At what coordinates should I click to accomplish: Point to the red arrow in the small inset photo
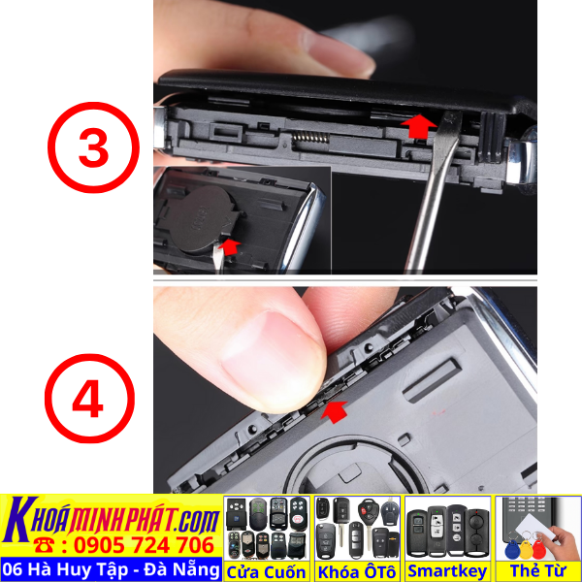click(x=229, y=247)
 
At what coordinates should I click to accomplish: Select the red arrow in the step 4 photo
click(x=333, y=414)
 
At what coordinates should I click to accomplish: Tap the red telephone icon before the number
click(x=44, y=544)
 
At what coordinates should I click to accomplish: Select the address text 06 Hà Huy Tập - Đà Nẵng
click(x=110, y=568)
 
